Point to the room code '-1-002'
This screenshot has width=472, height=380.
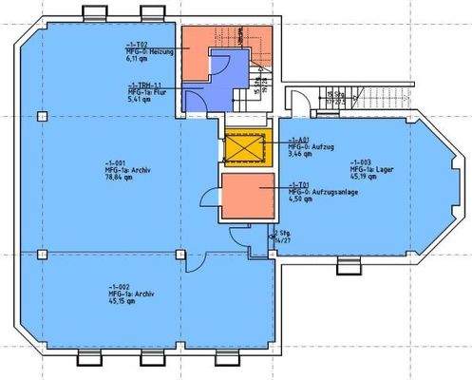[119, 287]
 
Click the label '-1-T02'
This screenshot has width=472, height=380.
[136, 44]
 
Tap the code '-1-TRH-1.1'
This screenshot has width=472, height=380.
[144, 83]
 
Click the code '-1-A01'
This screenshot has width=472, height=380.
[299, 138]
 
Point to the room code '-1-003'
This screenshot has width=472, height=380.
[361, 161]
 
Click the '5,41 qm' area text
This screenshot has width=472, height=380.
[139, 97]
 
